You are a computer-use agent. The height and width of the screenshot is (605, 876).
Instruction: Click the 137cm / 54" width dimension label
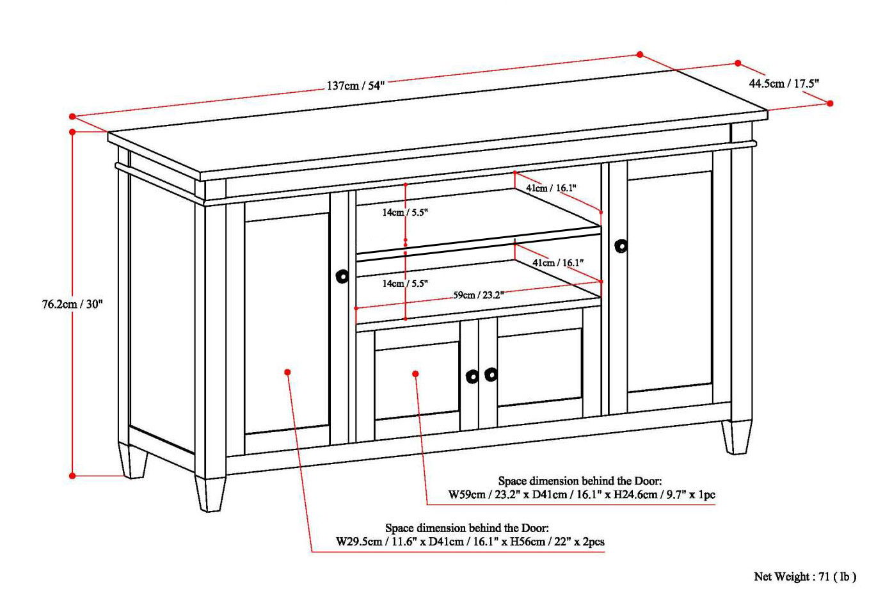355,85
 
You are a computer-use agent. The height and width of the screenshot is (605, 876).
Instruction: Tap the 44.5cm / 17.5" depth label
784,83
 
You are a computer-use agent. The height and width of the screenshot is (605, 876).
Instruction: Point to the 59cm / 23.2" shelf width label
479,295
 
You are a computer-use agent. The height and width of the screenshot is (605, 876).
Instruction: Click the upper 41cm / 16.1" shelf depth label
551,188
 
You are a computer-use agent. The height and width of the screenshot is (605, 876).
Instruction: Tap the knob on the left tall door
342,277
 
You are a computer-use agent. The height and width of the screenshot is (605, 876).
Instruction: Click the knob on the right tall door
621,246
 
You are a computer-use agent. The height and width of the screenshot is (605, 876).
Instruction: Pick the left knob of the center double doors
472,376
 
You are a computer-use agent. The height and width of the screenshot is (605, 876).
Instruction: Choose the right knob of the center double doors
491,375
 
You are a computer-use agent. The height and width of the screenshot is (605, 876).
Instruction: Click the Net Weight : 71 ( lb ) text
804,577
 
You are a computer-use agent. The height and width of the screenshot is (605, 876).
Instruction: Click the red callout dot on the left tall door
288,372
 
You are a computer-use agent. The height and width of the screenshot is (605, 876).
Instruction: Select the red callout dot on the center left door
415,373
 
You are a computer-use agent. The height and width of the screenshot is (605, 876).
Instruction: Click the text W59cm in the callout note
466,495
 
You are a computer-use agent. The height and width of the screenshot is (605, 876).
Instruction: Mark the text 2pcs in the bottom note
593,542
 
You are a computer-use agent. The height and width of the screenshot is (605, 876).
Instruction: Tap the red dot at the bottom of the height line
72,476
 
